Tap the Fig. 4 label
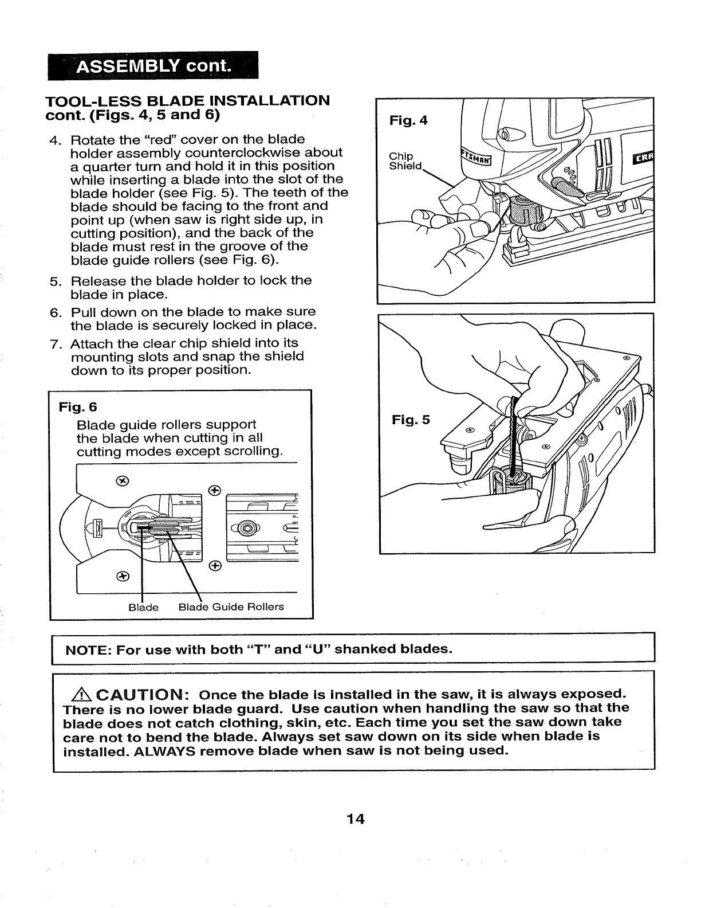(x=408, y=121)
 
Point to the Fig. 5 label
(x=410, y=420)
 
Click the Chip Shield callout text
(x=405, y=161)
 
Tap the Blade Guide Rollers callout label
(x=231, y=606)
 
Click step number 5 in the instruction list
(x=55, y=281)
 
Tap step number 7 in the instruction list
(x=55, y=343)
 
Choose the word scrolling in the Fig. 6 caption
(x=253, y=451)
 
